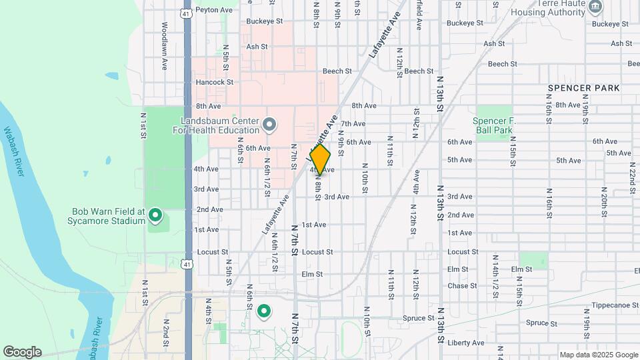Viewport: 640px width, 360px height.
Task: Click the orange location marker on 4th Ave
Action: point(320,159)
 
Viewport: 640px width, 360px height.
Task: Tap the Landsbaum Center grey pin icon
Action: point(269,125)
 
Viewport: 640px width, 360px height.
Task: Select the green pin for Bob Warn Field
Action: point(155,215)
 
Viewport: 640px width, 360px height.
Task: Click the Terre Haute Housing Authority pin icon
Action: point(595,7)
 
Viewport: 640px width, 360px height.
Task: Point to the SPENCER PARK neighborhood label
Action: point(583,88)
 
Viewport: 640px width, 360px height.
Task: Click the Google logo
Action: point(22,352)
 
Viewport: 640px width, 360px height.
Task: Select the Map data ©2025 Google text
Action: point(598,355)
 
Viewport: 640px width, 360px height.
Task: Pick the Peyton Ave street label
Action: point(214,10)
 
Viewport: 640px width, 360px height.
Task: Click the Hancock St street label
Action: point(214,82)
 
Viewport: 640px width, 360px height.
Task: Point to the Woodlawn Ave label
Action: point(164,47)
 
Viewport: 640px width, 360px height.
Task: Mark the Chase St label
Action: point(462,285)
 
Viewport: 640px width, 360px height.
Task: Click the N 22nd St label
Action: point(631,178)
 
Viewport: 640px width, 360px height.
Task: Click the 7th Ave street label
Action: point(353,123)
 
